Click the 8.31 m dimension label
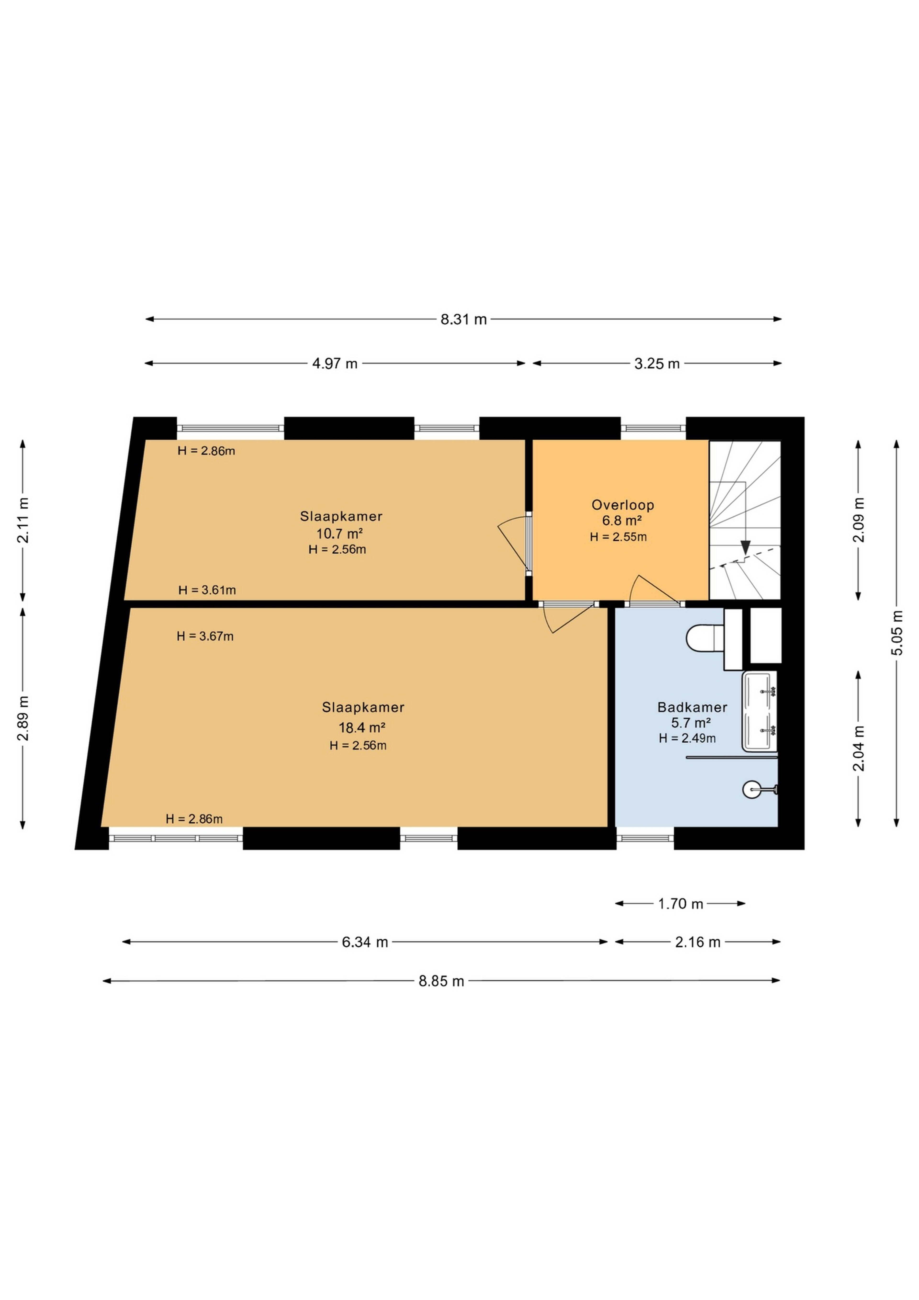pos(464,319)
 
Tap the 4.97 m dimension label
pos(335,363)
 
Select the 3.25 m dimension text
pos(656,363)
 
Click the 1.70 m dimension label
pos(680,904)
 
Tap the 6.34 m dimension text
pos(365,942)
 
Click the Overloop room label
pos(622,505)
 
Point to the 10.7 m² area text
pos(339,533)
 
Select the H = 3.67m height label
pos(205,636)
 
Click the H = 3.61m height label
pos(207,590)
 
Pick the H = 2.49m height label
pos(687,738)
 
